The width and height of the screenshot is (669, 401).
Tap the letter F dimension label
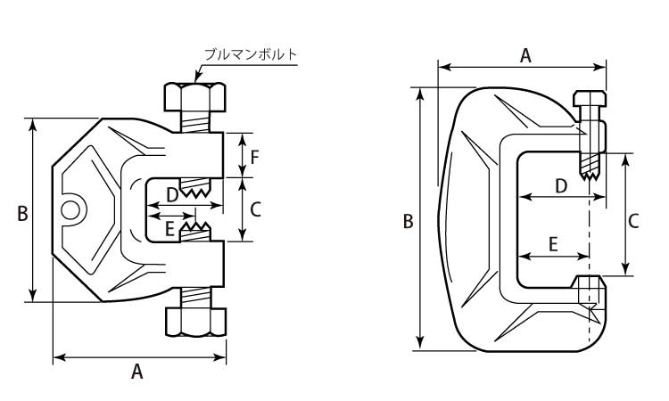pyautogui.click(x=254, y=158)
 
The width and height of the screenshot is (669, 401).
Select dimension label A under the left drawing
pyautogui.click(x=137, y=372)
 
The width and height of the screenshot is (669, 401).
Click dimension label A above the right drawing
pyautogui.click(x=525, y=55)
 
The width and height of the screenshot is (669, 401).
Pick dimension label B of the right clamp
pyautogui.click(x=408, y=221)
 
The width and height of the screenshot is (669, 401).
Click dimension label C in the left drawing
pyautogui.click(x=255, y=210)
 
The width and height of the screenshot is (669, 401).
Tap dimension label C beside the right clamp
pyautogui.click(x=634, y=221)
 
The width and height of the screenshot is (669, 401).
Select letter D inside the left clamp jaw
pyautogui.click(x=171, y=193)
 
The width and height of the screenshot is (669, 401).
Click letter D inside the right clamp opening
pyautogui.click(x=561, y=186)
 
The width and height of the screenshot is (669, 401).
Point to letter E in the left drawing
pyautogui.click(x=169, y=229)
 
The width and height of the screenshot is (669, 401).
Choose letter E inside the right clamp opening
pyautogui.click(x=553, y=244)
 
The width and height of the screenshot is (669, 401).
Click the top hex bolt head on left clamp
pyautogui.click(x=195, y=94)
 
